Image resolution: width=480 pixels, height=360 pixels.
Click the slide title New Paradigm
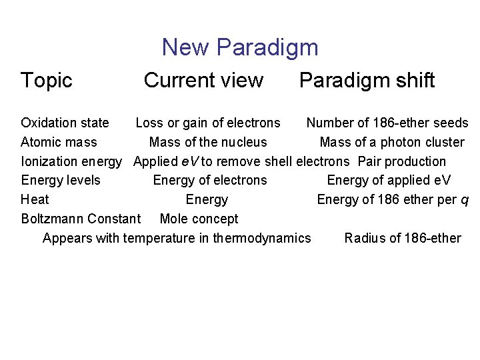tap(240, 47)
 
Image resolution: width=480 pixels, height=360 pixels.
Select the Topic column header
tap(46, 81)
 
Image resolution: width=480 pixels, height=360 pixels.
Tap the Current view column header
tap(203, 81)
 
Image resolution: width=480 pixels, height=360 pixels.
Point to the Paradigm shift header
tap(367, 81)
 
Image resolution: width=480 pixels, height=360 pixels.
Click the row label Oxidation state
tap(65, 123)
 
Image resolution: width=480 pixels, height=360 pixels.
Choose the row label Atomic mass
tap(59, 142)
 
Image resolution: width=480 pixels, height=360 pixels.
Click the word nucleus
tap(244, 142)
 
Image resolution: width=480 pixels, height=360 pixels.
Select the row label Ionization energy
tap(71, 161)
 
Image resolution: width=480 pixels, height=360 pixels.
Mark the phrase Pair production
tap(402, 161)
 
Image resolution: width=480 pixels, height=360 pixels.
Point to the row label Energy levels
tap(61, 180)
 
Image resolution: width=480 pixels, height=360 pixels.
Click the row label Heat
tap(35, 199)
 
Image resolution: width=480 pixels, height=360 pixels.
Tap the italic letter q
tap(465, 201)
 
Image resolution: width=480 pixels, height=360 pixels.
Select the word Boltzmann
tap(52, 219)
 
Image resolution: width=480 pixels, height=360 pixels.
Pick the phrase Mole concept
tap(199, 219)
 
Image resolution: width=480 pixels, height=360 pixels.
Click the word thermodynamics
tap(262, 238)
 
